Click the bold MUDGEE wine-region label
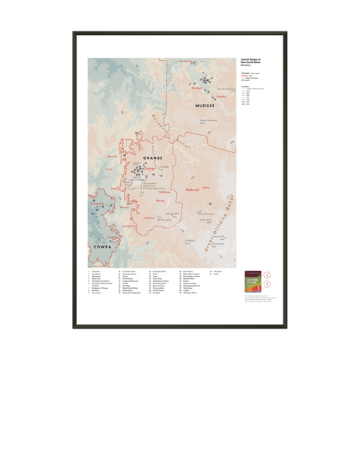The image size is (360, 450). (205, 106)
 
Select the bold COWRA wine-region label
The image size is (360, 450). (102, 245)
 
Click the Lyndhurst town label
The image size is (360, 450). (150, 217)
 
